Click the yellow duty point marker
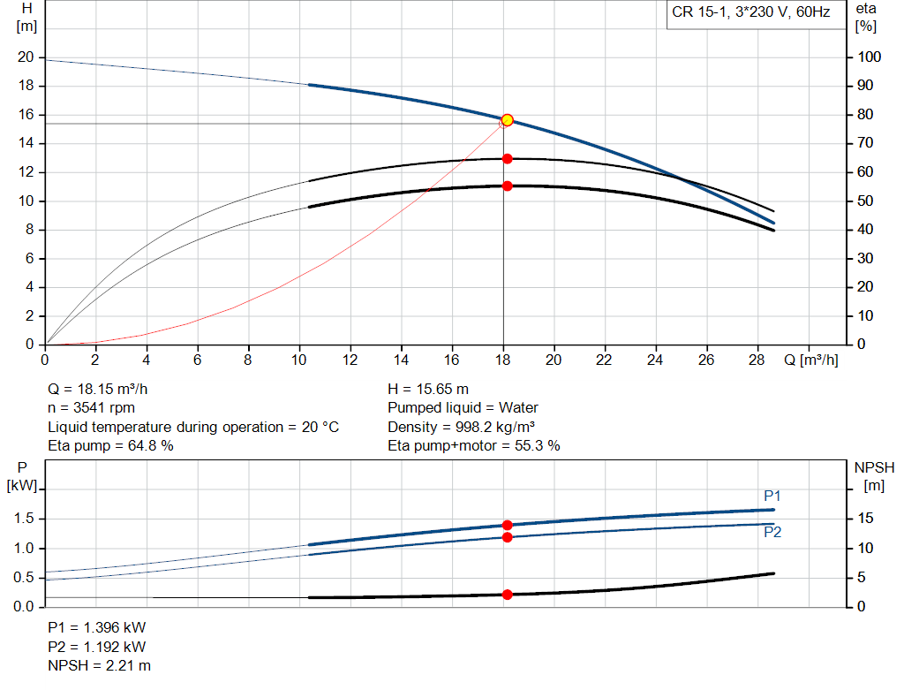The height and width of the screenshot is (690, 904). pyautogui.click(x=507, y=120)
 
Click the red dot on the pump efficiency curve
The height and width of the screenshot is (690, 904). pyautogui.click(x=507, y=159)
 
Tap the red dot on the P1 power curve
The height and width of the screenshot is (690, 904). pyautogui.click(x=507, y=526)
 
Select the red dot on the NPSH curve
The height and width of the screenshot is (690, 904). pyautogui.click(x=507, y=595)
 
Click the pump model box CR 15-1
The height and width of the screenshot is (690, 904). pyautogui.click(x=750, y=13)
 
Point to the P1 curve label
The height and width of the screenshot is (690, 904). pyautogui.click(x=772, y=497)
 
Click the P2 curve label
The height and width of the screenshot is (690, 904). pyautogui.click(x=772, y=532)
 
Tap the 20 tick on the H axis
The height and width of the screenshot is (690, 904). pyautogui.click(x=26, y=57)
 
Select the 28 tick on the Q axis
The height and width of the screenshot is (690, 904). pyautogui.click(x=757, y=360)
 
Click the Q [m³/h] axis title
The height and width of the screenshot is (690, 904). pyautogui.click(x=810, y=360)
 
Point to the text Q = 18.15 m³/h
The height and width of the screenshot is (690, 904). pyautogui.click(x=104, y=389)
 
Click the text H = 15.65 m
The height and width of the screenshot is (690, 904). pyautogui.click(x=428, y=389)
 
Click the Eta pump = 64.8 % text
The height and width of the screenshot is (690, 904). pyautogui.click(x=110, y=446)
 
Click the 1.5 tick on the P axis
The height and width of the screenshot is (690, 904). pyautogui.click(x=26, y=519)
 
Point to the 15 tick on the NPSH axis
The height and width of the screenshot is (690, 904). pyautogui.click(x=865, y=519)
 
